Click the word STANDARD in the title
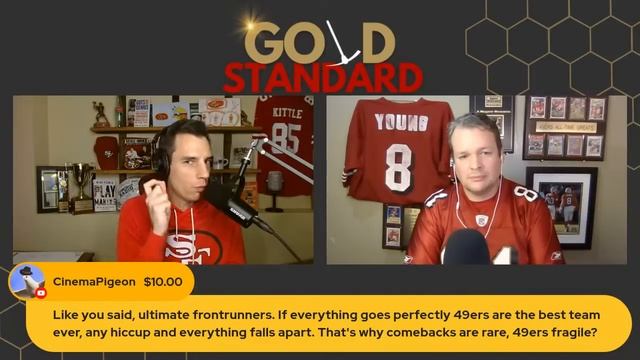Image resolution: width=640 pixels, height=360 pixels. click(x=322, y=78)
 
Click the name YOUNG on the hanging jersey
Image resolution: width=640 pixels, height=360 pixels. click(x=394, y=122)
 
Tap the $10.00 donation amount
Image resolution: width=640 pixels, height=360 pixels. click(x=163, y=281)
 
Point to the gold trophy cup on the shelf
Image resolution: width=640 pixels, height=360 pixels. click(x=81, y=180)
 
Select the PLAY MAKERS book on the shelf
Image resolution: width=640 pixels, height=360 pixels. click(x=105, y=191)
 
